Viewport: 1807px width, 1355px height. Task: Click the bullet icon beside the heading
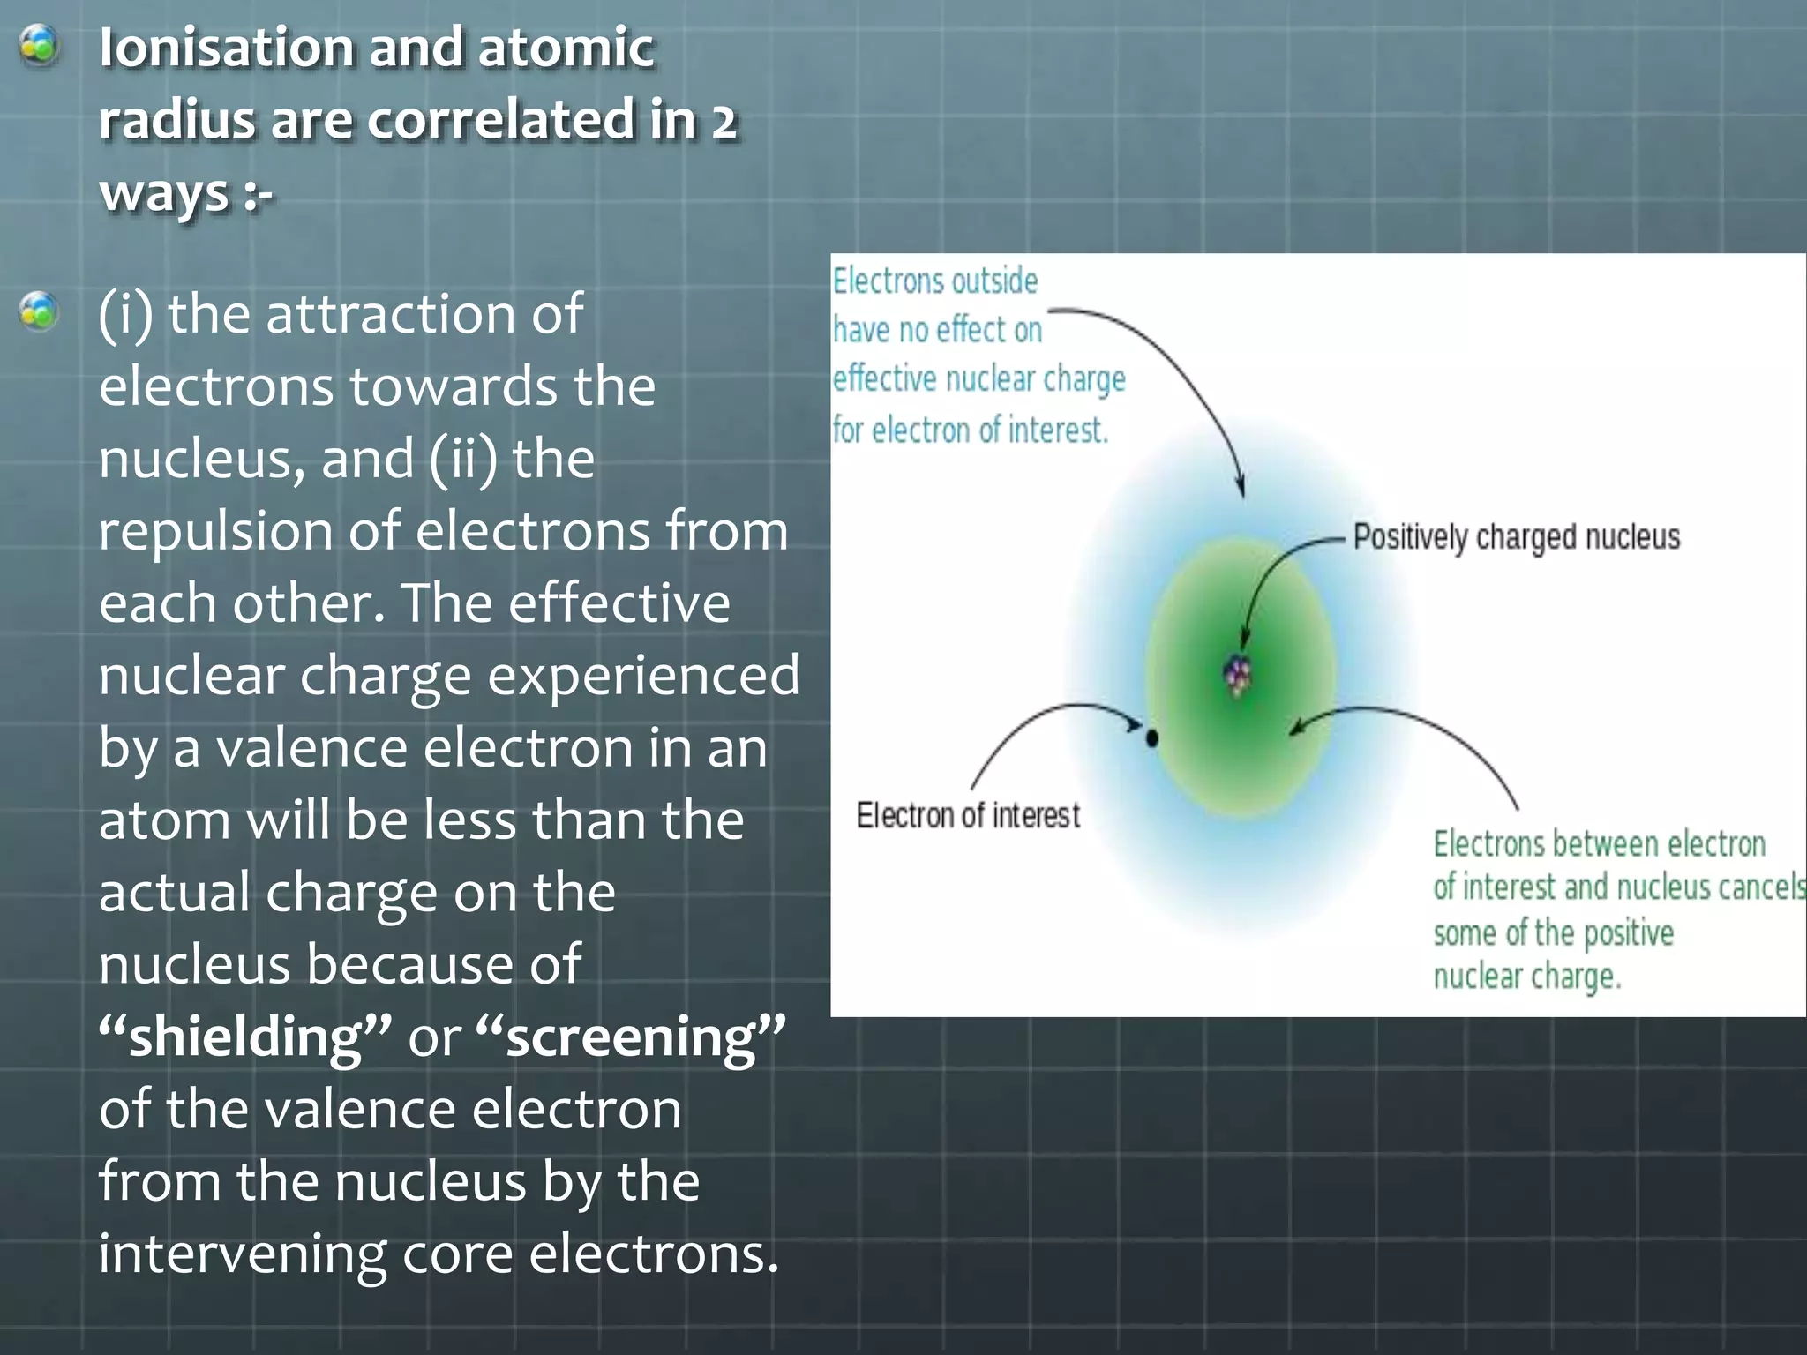[39, 46]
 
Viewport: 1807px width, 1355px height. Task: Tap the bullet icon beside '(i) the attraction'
[39, 312]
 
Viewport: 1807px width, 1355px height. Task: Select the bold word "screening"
[630, 1037]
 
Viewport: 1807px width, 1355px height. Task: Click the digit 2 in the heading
[724, 121]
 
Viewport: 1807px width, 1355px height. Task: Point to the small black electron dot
[1151, 737]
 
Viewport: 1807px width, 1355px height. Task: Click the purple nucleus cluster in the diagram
[1238, 677]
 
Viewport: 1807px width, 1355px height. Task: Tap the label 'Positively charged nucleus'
[1516, 536]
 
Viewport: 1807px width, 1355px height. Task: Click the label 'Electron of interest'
[968, 815]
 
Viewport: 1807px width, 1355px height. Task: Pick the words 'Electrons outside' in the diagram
[935, 281]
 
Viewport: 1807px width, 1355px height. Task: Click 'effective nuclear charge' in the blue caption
[979, 379]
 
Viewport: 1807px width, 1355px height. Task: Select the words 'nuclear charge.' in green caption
[1526, 977]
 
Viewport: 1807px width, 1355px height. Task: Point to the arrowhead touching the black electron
[1133, 725]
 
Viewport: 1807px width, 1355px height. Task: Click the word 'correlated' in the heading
[499, 120]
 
